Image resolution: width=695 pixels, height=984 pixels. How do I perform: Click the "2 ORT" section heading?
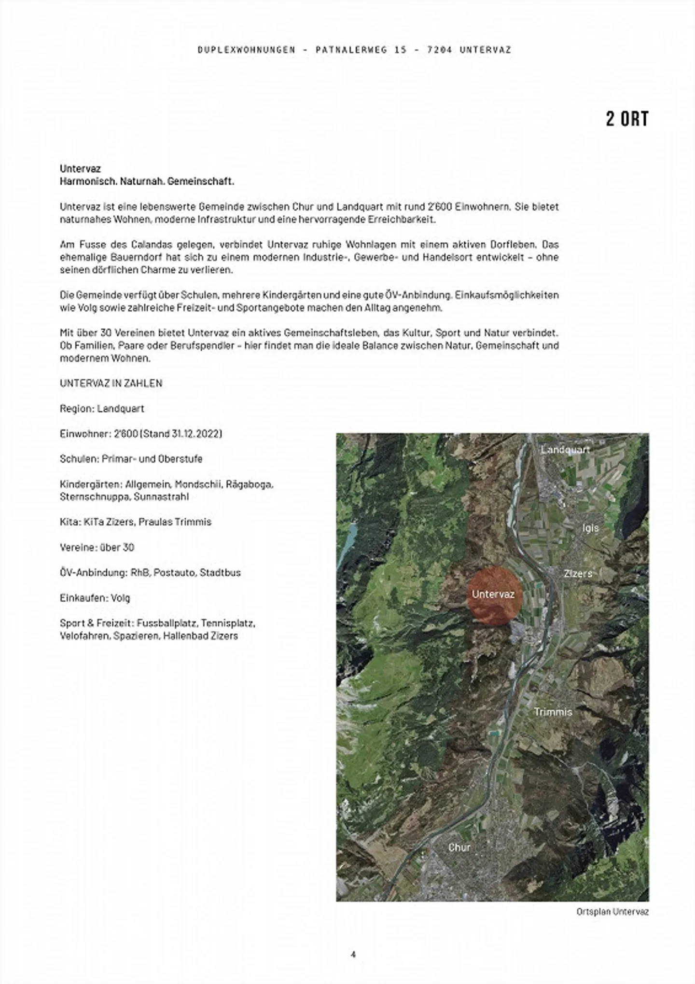627,119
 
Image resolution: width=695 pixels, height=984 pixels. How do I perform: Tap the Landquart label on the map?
565,450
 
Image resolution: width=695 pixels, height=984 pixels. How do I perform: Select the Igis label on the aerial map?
590,528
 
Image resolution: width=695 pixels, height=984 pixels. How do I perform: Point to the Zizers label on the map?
578,573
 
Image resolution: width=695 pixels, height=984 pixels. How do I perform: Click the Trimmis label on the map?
553,712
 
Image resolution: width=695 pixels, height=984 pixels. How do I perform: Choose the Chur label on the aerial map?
459,847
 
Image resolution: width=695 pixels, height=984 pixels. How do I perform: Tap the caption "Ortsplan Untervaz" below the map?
612,912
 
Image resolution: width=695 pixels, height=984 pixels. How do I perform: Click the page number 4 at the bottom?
353,954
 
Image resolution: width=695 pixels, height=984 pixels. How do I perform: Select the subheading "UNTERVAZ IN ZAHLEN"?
111,383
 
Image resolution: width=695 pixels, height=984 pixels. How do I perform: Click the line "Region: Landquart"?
102,408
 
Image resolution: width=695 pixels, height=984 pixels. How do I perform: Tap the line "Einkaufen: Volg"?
95,598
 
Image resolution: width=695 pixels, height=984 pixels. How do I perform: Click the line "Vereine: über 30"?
97,547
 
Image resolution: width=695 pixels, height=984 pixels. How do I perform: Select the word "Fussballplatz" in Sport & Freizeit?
167,623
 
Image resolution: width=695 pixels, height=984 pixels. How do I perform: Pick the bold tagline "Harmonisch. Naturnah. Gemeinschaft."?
147,181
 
